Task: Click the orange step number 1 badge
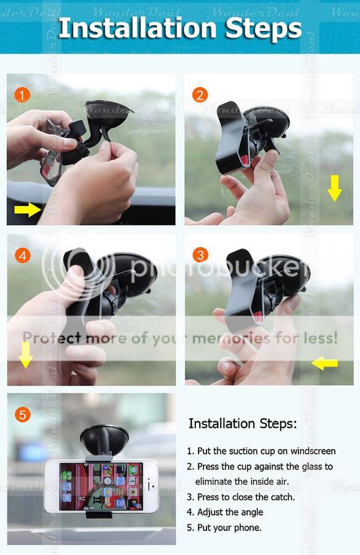(22, 95)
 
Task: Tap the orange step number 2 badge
(200, 95)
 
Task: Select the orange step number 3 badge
(200, 255)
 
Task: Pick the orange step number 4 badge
(23, 255)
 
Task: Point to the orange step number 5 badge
(22, 414)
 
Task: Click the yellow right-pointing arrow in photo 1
(28, 210)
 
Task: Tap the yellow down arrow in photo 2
(335, 188)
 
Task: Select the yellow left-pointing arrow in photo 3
(325, 363)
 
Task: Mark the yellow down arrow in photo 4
(25, 355)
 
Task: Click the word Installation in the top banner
(137, 28)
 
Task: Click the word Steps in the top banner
(264, 29)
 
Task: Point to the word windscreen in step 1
(313, 451)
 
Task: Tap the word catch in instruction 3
(282, 497)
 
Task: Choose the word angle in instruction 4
(251, 512)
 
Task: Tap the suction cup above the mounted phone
(104, 439)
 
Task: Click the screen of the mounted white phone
(101, 486)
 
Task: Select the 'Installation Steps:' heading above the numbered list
(242, 423)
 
